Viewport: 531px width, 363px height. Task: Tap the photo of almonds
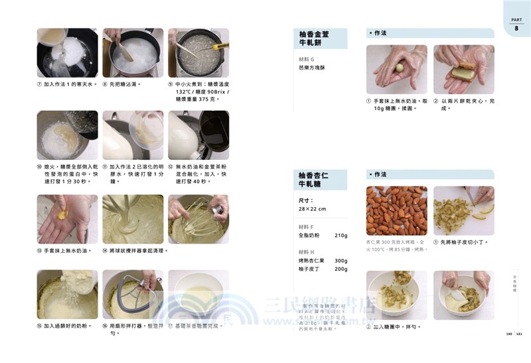click(396, 210)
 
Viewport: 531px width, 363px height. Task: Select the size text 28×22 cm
click(313, 208)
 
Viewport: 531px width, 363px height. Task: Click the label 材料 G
click(307, 59)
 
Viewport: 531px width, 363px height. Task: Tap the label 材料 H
click(307, 252)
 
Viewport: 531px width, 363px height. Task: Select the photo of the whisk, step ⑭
click(133, 218)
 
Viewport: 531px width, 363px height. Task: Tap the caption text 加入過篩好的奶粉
click(70, 326)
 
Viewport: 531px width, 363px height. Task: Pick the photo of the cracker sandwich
click(463, 69)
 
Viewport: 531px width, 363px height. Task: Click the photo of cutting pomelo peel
click(463, 210)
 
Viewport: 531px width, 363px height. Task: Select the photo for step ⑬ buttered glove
click(67, 218)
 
